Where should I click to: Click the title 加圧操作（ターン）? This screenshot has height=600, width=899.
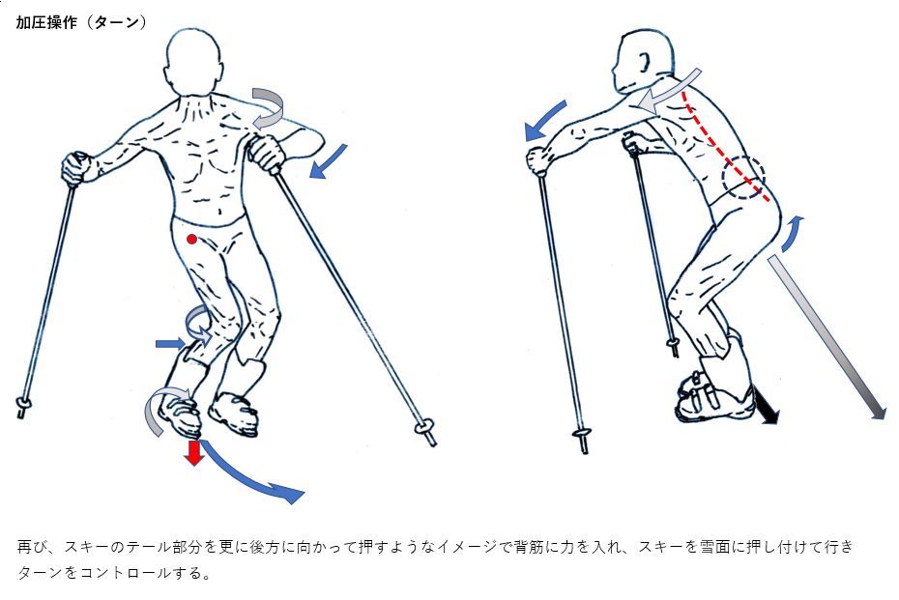(x=81, y=23)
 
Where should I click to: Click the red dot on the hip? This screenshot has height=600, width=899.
(x=192, y=239)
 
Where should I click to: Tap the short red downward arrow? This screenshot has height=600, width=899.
(x=194, y=452)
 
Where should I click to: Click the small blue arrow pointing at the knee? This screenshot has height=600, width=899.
(x=171, y=344)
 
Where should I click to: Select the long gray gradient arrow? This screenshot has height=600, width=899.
(x=826, y=337)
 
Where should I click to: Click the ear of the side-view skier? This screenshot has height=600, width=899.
(x=645, y=61)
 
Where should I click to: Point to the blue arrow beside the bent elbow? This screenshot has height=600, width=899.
(x=328, y=161)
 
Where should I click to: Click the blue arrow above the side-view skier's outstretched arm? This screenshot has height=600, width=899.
(x=545, y=121)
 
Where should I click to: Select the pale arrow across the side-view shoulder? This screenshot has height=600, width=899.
(x=669, y=91)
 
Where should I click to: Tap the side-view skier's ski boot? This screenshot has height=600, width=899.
(x=713, y=395)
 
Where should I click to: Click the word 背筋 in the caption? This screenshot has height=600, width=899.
(x=529, y=547)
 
